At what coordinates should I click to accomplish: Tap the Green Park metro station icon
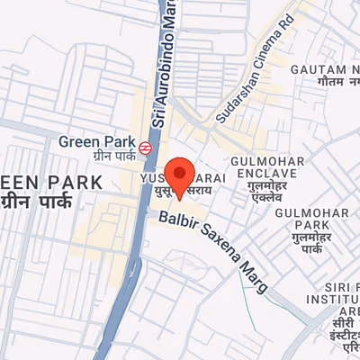pyautogui.click(x=145, y=146)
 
